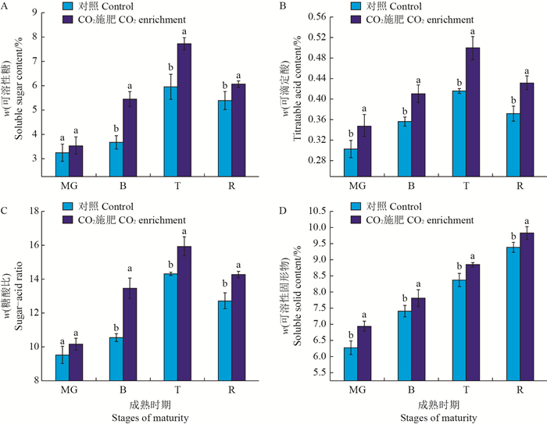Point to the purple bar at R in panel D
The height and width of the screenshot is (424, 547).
click(x=527, y=305)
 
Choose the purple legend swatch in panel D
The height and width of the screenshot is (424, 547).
click(x=358, y=220)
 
